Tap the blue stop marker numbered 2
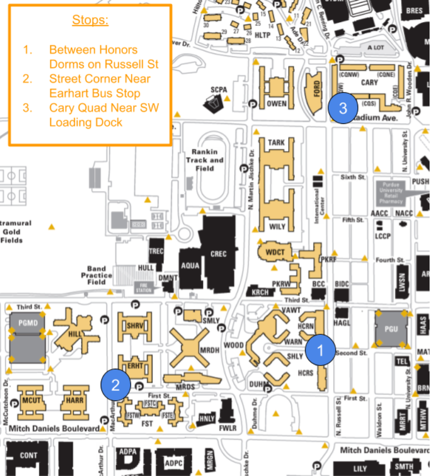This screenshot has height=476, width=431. (x=115, y=384)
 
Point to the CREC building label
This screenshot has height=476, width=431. (x=218, y=254)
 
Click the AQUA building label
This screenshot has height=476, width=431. (x=190, y=265)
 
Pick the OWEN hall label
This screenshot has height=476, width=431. (x=276, y=103)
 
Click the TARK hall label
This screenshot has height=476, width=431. (x=276, y=143)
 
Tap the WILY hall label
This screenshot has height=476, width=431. (x=277, y=226)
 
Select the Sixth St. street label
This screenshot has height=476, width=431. (x=353, y=177)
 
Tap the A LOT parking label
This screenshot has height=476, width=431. (x=376, y=47)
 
